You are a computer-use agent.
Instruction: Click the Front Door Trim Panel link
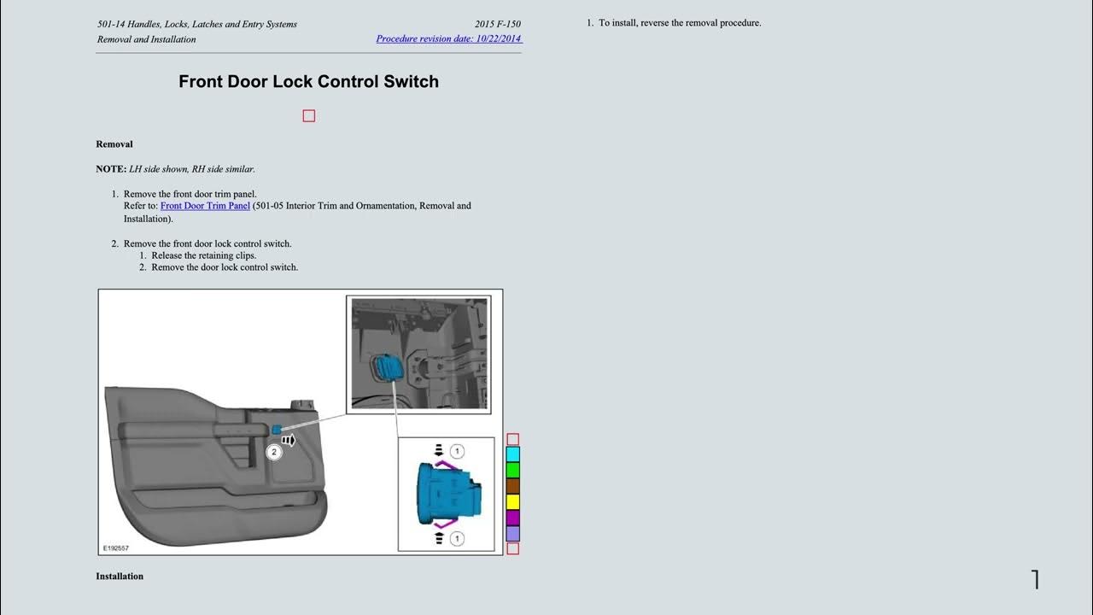[205, 206]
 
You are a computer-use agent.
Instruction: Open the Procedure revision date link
[448, 38]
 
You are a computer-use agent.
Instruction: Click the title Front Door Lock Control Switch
[308, 82]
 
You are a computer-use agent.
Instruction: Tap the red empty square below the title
[309, 116]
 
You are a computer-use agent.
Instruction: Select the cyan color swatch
[513, 454]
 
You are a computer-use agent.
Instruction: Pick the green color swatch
[513, 470]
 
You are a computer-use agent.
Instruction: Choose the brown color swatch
[513, 486]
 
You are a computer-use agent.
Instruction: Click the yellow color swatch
[513, 501]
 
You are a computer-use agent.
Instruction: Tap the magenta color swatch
[513, 518]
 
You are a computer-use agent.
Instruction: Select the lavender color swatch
[513, 533]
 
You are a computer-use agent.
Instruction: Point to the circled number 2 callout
[274, 452]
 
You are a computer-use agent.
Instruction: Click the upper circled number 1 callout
[457, 451]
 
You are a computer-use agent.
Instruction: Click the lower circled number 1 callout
[457, 538]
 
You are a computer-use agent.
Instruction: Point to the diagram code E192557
[115, 548]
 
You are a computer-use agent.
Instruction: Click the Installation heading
[120, 577]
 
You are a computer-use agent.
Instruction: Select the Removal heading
[114, 144]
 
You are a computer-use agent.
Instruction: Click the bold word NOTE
[111, 169]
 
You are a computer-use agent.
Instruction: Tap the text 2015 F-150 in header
[498, 24]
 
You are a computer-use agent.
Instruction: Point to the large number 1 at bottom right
[1035, 580]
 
